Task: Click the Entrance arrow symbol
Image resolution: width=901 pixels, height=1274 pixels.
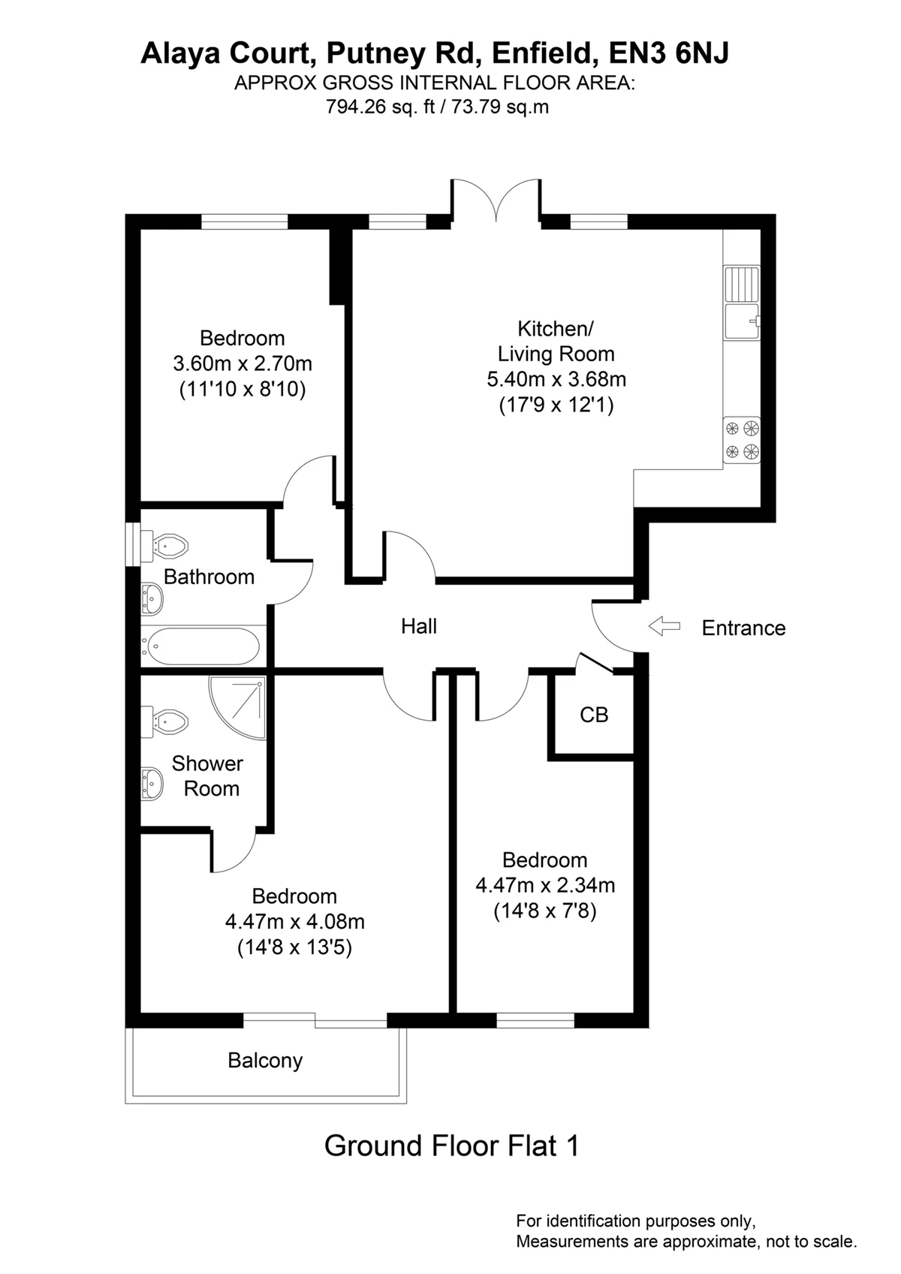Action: tap(664, 626)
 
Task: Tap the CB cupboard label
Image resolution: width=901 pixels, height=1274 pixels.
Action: tap(594, 715)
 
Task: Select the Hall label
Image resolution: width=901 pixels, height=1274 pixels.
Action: tap(419, 626)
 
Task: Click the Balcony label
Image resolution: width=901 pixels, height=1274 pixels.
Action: tap(265, 1061)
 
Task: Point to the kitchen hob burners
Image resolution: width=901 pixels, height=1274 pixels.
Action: tap(742, 440)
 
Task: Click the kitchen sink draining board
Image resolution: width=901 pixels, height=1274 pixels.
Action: tap(742, 284)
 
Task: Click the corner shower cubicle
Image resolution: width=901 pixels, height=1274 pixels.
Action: tap(238, 707)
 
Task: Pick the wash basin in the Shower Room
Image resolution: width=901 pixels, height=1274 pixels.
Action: tap(152, 783)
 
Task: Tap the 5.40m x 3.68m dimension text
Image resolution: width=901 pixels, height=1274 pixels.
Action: tap(556, 379)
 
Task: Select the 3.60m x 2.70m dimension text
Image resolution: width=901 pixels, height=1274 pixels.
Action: tap(243, 363)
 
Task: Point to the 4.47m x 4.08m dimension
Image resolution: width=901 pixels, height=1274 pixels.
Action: tap(294, 921)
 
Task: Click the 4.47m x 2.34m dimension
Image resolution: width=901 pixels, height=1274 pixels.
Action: tap(545, 885)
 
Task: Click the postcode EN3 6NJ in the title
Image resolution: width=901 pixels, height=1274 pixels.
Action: tap(669, 53)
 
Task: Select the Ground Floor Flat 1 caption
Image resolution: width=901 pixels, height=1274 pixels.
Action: tap(452, 1146)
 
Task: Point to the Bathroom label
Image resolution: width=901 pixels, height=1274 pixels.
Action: tap(209, 577)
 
